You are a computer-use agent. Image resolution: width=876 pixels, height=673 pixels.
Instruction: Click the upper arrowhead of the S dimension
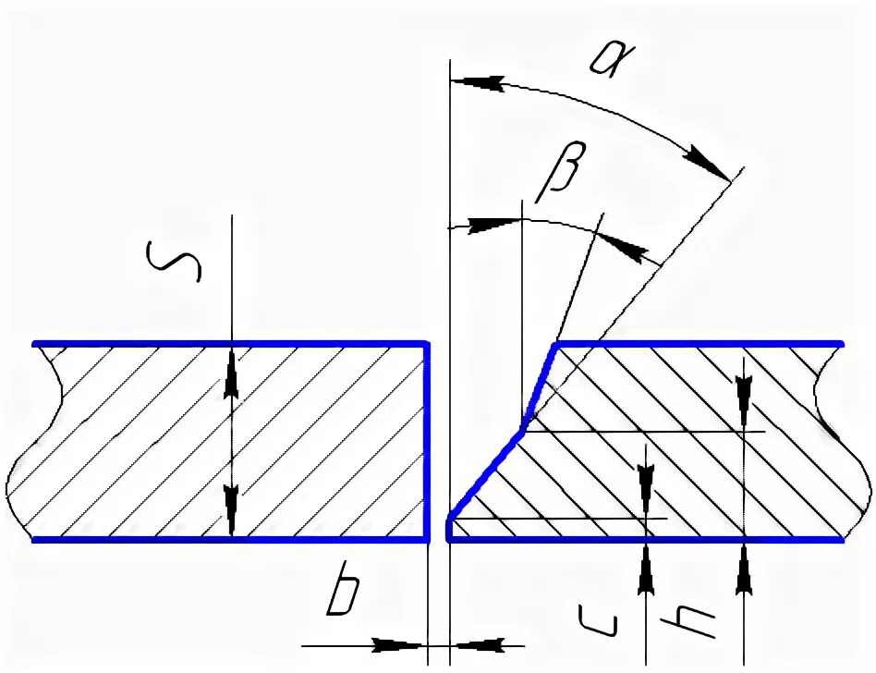(232, 375)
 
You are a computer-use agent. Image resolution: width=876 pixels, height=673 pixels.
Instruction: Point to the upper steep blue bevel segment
(539, 384)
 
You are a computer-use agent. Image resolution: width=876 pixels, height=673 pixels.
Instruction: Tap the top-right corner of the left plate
(428, 344)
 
